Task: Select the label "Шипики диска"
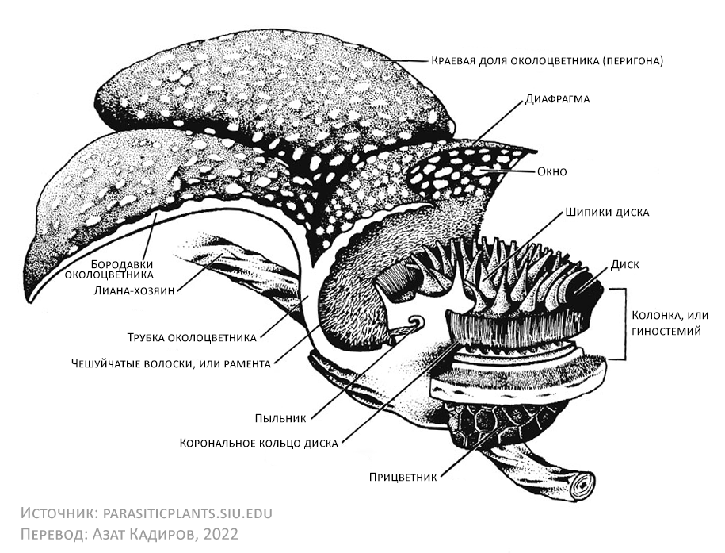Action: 607,213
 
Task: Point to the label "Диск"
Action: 624,264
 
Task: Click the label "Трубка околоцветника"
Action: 192,336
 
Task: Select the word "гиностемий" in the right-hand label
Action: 667,332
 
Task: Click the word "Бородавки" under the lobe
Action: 120,263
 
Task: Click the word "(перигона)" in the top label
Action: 625,60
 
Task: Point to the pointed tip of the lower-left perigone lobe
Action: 30,294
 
